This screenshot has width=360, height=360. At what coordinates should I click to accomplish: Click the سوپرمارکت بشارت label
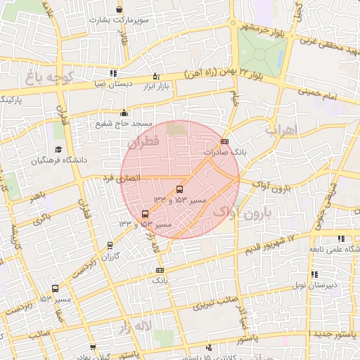[x=120, y=20]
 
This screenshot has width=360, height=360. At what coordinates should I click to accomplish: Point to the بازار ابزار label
[x=156, y=86]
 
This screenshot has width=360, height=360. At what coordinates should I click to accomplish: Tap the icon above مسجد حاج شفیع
[x=124, y=112]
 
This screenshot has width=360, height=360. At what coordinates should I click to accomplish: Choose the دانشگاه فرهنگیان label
[x=58, y=160]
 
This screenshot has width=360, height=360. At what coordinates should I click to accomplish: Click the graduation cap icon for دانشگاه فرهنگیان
[x=58, y=150]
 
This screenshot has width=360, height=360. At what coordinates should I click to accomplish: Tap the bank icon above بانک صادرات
[x=224, y=142]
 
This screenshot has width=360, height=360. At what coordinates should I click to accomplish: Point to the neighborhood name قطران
[x=146, y=141]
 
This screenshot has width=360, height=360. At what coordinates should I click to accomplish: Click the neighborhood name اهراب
[x=283, y=130]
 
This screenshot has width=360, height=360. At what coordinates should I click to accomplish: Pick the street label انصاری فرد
[x=118, y=179]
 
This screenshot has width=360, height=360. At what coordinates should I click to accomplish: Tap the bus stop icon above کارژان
[x=109, y=245]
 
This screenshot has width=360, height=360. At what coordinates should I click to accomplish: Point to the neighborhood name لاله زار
[x=134, y=326]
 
